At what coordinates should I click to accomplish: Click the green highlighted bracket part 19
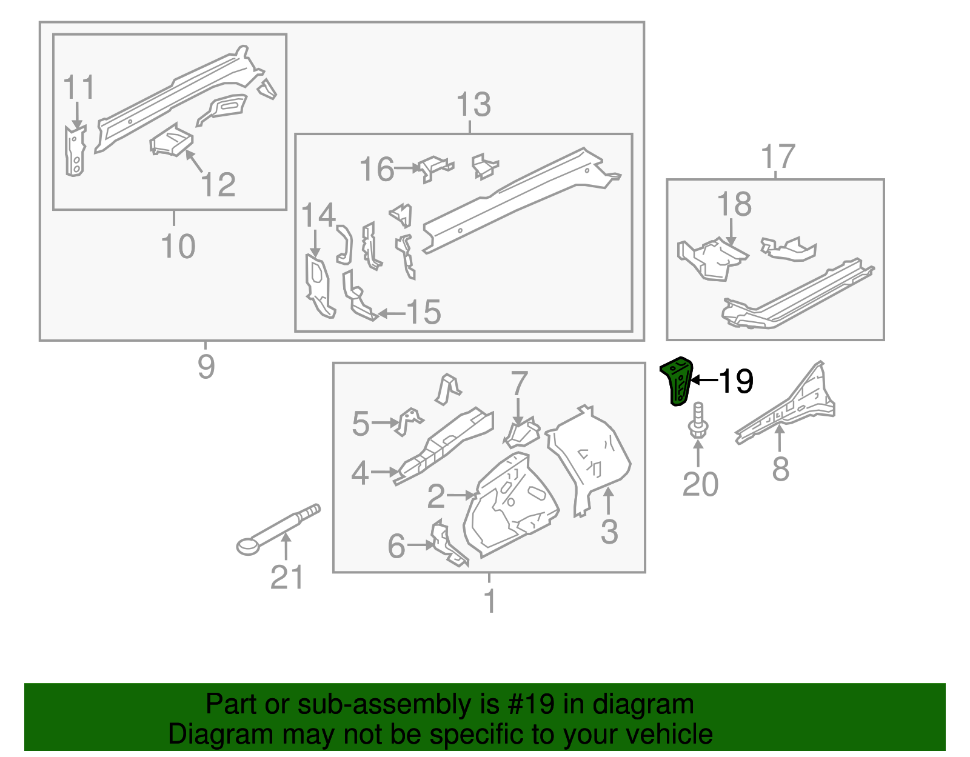(677, 381)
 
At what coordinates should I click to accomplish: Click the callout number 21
(286, 577)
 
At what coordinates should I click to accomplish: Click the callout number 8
(780, 469)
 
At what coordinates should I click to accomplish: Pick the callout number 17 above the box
(778, 157)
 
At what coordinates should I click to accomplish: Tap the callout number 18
(734, 204)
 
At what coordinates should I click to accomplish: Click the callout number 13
(473, 105)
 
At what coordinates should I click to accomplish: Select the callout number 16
(376, 169)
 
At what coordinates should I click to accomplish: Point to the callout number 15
(423, 313)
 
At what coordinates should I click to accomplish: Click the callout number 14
(318, 216)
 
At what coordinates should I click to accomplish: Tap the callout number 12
(218, 185)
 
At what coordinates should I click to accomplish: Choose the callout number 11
(79, 88)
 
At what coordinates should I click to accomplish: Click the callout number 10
(178, 247)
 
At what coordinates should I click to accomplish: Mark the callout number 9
(206, 367)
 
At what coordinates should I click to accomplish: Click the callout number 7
(519, 384)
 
